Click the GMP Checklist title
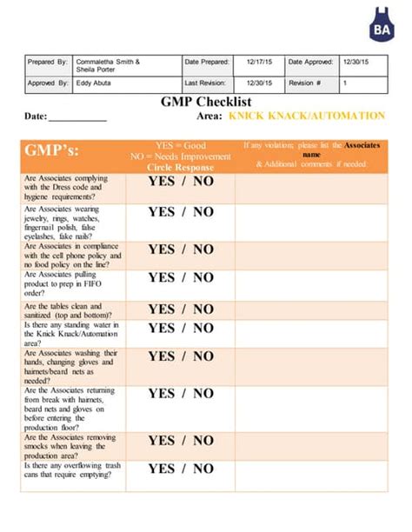pos(205,102)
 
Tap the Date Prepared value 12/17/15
pos(257,63)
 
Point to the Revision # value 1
pos(346,83)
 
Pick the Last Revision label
pos(207,83)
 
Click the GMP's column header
pos(53,150)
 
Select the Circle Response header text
pos(181,166)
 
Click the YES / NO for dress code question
pos(181,183)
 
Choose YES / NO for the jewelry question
pos(181,212)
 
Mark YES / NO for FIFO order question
pos(181,278)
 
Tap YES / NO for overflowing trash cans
pos(181,469)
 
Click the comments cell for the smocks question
pos(309,445)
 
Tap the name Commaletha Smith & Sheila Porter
pos(108,66)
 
